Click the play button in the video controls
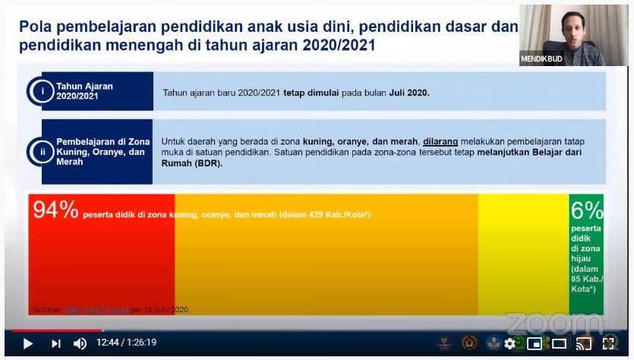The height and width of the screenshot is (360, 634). click(x=28, y=343)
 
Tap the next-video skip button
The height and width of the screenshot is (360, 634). click(x=55, y=343)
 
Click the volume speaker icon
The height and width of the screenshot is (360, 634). click(x=80, y=343)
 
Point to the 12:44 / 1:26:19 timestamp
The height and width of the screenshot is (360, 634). click(x=126, y=343)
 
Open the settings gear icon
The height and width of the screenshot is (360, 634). click(x=509, y=343)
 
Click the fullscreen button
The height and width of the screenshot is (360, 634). click(x=609, y=343)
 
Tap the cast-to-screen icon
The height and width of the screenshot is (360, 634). click(x=584, y=343)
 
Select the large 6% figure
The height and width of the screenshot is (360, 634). click(x=586, y=210)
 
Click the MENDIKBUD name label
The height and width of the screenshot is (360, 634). click(x=542, y=58)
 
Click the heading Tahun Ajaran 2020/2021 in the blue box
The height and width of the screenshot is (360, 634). click(x=84, y=91)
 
